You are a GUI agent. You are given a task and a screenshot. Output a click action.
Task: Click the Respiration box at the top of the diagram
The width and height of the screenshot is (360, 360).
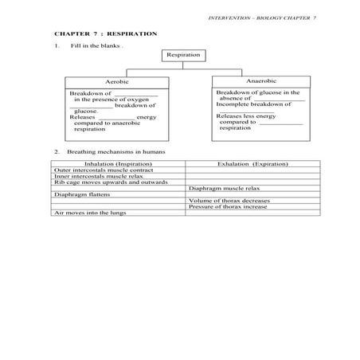pos(183,55)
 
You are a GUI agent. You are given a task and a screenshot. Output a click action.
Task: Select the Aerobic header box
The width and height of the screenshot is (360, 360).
pos(116,82)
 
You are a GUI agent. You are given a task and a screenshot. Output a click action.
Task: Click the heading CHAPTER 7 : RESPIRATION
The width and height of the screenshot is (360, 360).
pos(105,34)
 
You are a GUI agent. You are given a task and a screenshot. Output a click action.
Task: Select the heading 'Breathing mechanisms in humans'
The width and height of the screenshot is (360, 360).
pos(109,151)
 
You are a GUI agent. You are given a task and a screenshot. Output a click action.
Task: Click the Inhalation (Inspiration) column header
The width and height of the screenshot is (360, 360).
pos(118,163)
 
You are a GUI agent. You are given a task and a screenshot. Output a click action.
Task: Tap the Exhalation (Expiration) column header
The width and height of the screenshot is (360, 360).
pos(252,163)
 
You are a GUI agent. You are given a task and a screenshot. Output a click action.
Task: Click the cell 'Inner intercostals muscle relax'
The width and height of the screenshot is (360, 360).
pos(93,176)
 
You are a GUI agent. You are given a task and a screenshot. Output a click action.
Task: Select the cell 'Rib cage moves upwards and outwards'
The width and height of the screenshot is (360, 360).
pos(100,182)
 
